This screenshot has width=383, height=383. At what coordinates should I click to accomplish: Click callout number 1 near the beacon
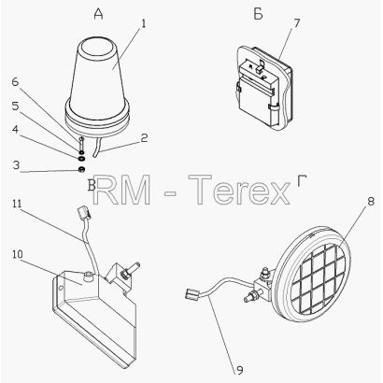click(143, 23)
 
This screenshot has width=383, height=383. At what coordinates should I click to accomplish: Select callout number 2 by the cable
click(144, 138)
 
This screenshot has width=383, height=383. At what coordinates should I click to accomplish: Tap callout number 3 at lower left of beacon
click(16, 165)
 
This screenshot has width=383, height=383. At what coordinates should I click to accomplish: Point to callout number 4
click(15, 130)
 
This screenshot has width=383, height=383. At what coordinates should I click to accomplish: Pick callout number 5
click(15, 106)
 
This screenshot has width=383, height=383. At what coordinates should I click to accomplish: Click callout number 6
click(15, 82)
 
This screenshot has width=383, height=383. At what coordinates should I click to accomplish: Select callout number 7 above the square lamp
click(296, 23)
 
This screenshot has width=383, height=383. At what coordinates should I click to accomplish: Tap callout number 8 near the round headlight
click(371, 202)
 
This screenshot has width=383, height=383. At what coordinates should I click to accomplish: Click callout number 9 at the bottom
click(240, 371)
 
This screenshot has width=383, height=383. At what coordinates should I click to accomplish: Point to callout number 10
click(18, 254)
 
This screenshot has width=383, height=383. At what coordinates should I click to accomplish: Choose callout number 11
click(17, 204)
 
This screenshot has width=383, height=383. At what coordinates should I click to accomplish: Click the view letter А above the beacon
click(98, 14)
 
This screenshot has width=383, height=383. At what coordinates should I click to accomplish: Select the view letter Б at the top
click(258, 14)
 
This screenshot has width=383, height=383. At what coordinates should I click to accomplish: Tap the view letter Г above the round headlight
click(302, 181)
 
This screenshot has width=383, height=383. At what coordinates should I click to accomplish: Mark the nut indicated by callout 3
click(80, 170)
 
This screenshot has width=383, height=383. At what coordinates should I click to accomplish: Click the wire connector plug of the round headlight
click(191, 294)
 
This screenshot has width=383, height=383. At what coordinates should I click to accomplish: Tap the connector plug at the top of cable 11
click(83, 212)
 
